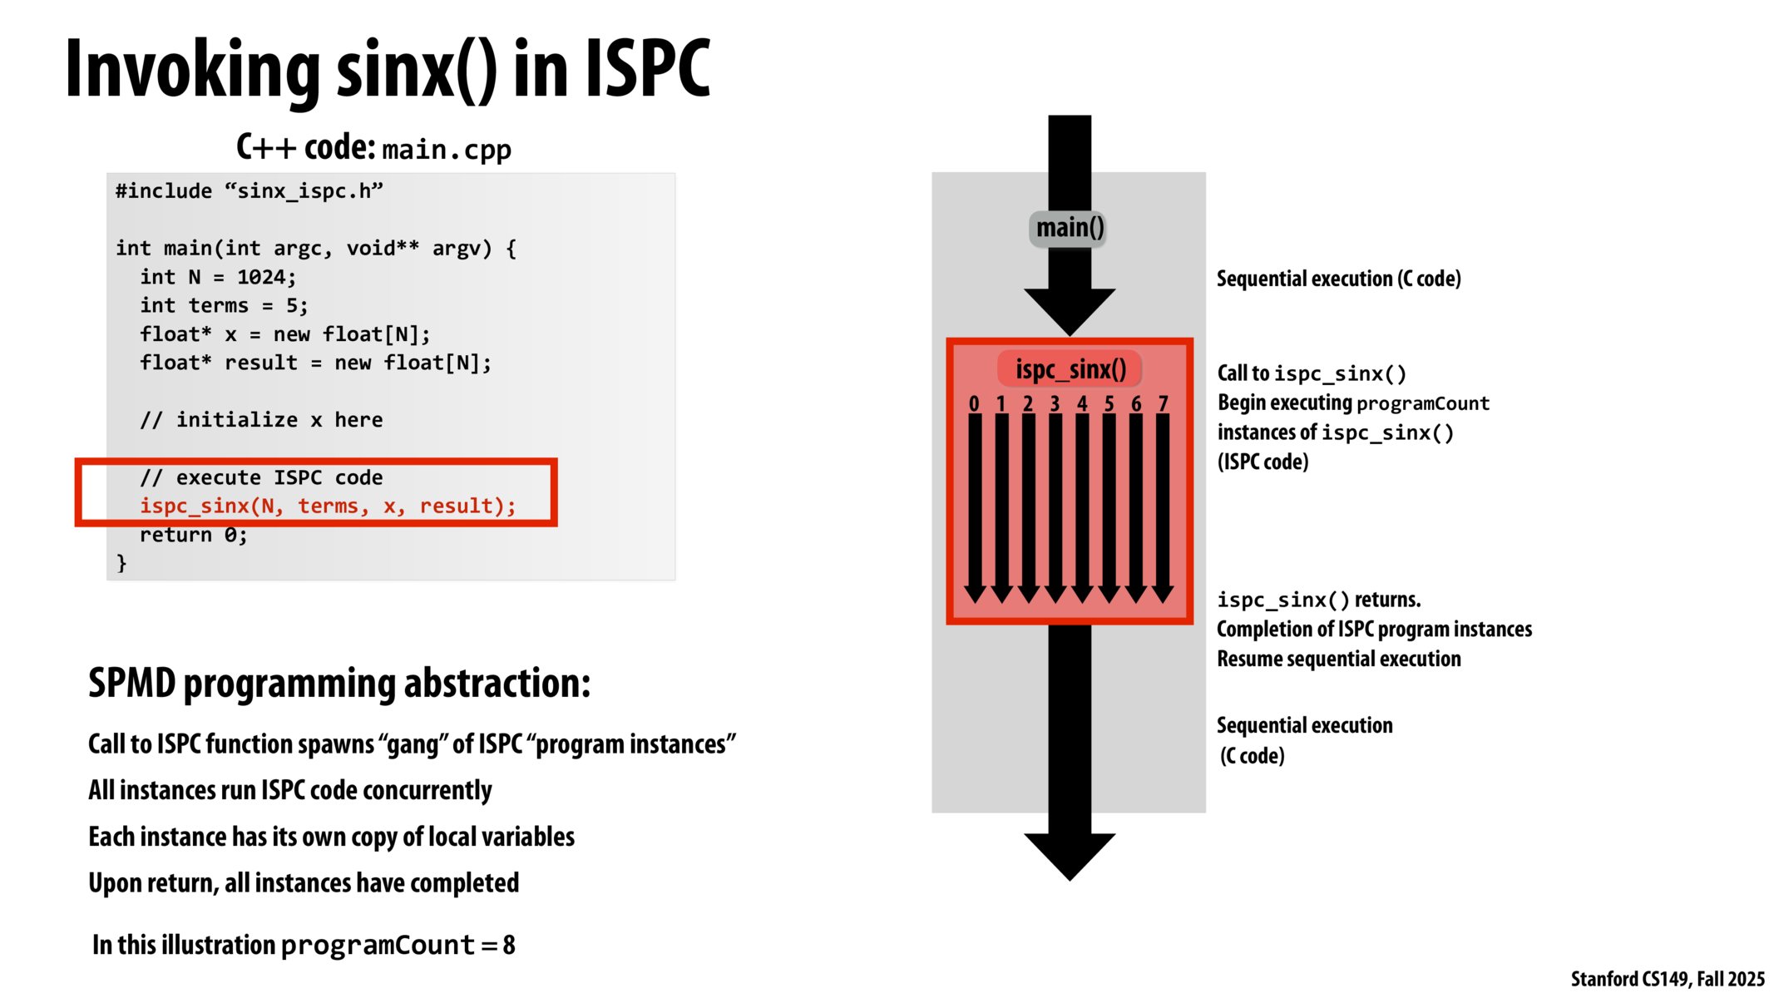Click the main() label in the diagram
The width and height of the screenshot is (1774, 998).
tap(1070, 228)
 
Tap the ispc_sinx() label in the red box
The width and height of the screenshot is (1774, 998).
tap(1070, 369)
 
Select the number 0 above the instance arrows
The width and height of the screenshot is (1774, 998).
tap(974, 404)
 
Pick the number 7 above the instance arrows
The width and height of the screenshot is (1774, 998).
tap(1163, 404)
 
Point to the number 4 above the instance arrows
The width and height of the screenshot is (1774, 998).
tap(1082, 404)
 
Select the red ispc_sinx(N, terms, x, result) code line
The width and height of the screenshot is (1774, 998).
tap(328, 506)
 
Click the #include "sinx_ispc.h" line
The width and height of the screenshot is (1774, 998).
tap(250, 191)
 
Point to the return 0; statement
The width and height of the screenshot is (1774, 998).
tap(193, 535)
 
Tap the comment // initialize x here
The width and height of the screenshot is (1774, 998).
tap(261, 420)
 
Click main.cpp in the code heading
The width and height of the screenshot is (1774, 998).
tap(447, 150)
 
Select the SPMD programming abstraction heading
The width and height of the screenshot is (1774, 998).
tap(339, 684)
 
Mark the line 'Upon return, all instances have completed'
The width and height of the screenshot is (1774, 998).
tap(304, 882)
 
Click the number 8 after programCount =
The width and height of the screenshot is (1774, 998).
tap(509, 946)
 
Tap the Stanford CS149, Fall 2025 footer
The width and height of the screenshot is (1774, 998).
tap(1667, 979)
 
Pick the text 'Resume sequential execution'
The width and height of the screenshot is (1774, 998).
tap(1338, 659)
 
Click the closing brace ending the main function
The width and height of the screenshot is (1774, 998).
tap(122, 563)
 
